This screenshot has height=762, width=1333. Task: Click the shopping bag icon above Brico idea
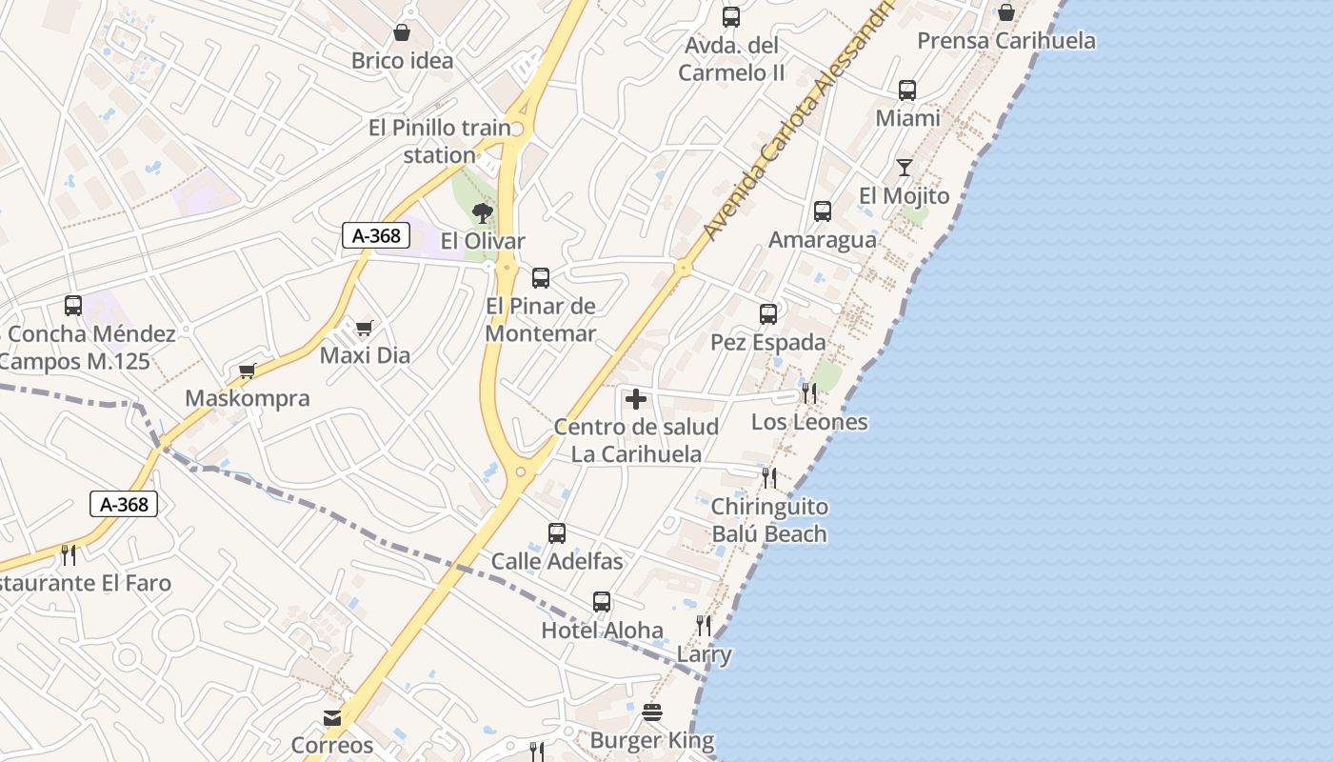point(402,33)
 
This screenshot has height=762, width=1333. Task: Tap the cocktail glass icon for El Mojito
point(905,169)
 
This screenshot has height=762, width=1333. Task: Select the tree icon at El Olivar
point(483,212)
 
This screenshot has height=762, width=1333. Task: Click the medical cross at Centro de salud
point(636,399)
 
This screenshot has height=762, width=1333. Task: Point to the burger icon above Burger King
point(652,712)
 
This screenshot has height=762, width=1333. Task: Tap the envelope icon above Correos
point(332,717)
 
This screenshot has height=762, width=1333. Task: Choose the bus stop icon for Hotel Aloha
point(602,602)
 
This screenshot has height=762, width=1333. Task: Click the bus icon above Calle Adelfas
point(557,533)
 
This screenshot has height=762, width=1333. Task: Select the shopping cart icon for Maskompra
point(248,371)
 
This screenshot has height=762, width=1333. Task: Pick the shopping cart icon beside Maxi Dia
point(364,329)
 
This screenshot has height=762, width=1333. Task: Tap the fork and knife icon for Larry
point(704,626)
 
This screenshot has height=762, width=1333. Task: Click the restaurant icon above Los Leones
point(809,393)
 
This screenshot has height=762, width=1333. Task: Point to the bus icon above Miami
point(907,90)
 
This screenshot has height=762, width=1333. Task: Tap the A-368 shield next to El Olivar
point(376,235)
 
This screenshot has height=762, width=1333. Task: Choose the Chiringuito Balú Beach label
point(769,520)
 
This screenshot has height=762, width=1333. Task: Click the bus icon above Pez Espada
point(768,313)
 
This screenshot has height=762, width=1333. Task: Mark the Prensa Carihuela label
point(1006,41)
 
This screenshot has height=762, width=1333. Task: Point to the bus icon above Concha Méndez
point(73,306)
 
